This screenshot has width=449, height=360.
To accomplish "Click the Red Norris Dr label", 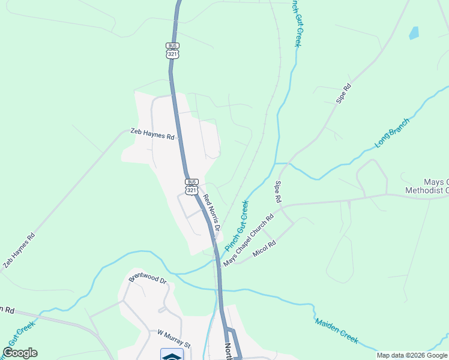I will [x=212, y=213].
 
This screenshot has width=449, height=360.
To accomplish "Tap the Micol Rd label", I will [x=264, y=247].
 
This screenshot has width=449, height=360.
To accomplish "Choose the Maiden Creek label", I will [x=337, y=330].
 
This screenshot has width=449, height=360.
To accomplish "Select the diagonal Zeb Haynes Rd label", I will [x=19, y=251].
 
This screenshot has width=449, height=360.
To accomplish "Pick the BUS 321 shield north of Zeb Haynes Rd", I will [x=172, y=50].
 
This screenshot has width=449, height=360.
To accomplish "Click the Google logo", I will [x=20, y=353].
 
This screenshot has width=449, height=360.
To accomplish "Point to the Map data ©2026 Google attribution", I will [x=411, y=355].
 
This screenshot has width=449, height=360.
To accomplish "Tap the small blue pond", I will [x=414, y=32].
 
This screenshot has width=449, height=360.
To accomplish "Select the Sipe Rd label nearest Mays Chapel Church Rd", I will [x=279, y=191].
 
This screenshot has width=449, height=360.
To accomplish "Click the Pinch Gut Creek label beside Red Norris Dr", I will [x=237, y=226].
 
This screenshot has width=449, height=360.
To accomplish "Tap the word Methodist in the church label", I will [x=426, y=191].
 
